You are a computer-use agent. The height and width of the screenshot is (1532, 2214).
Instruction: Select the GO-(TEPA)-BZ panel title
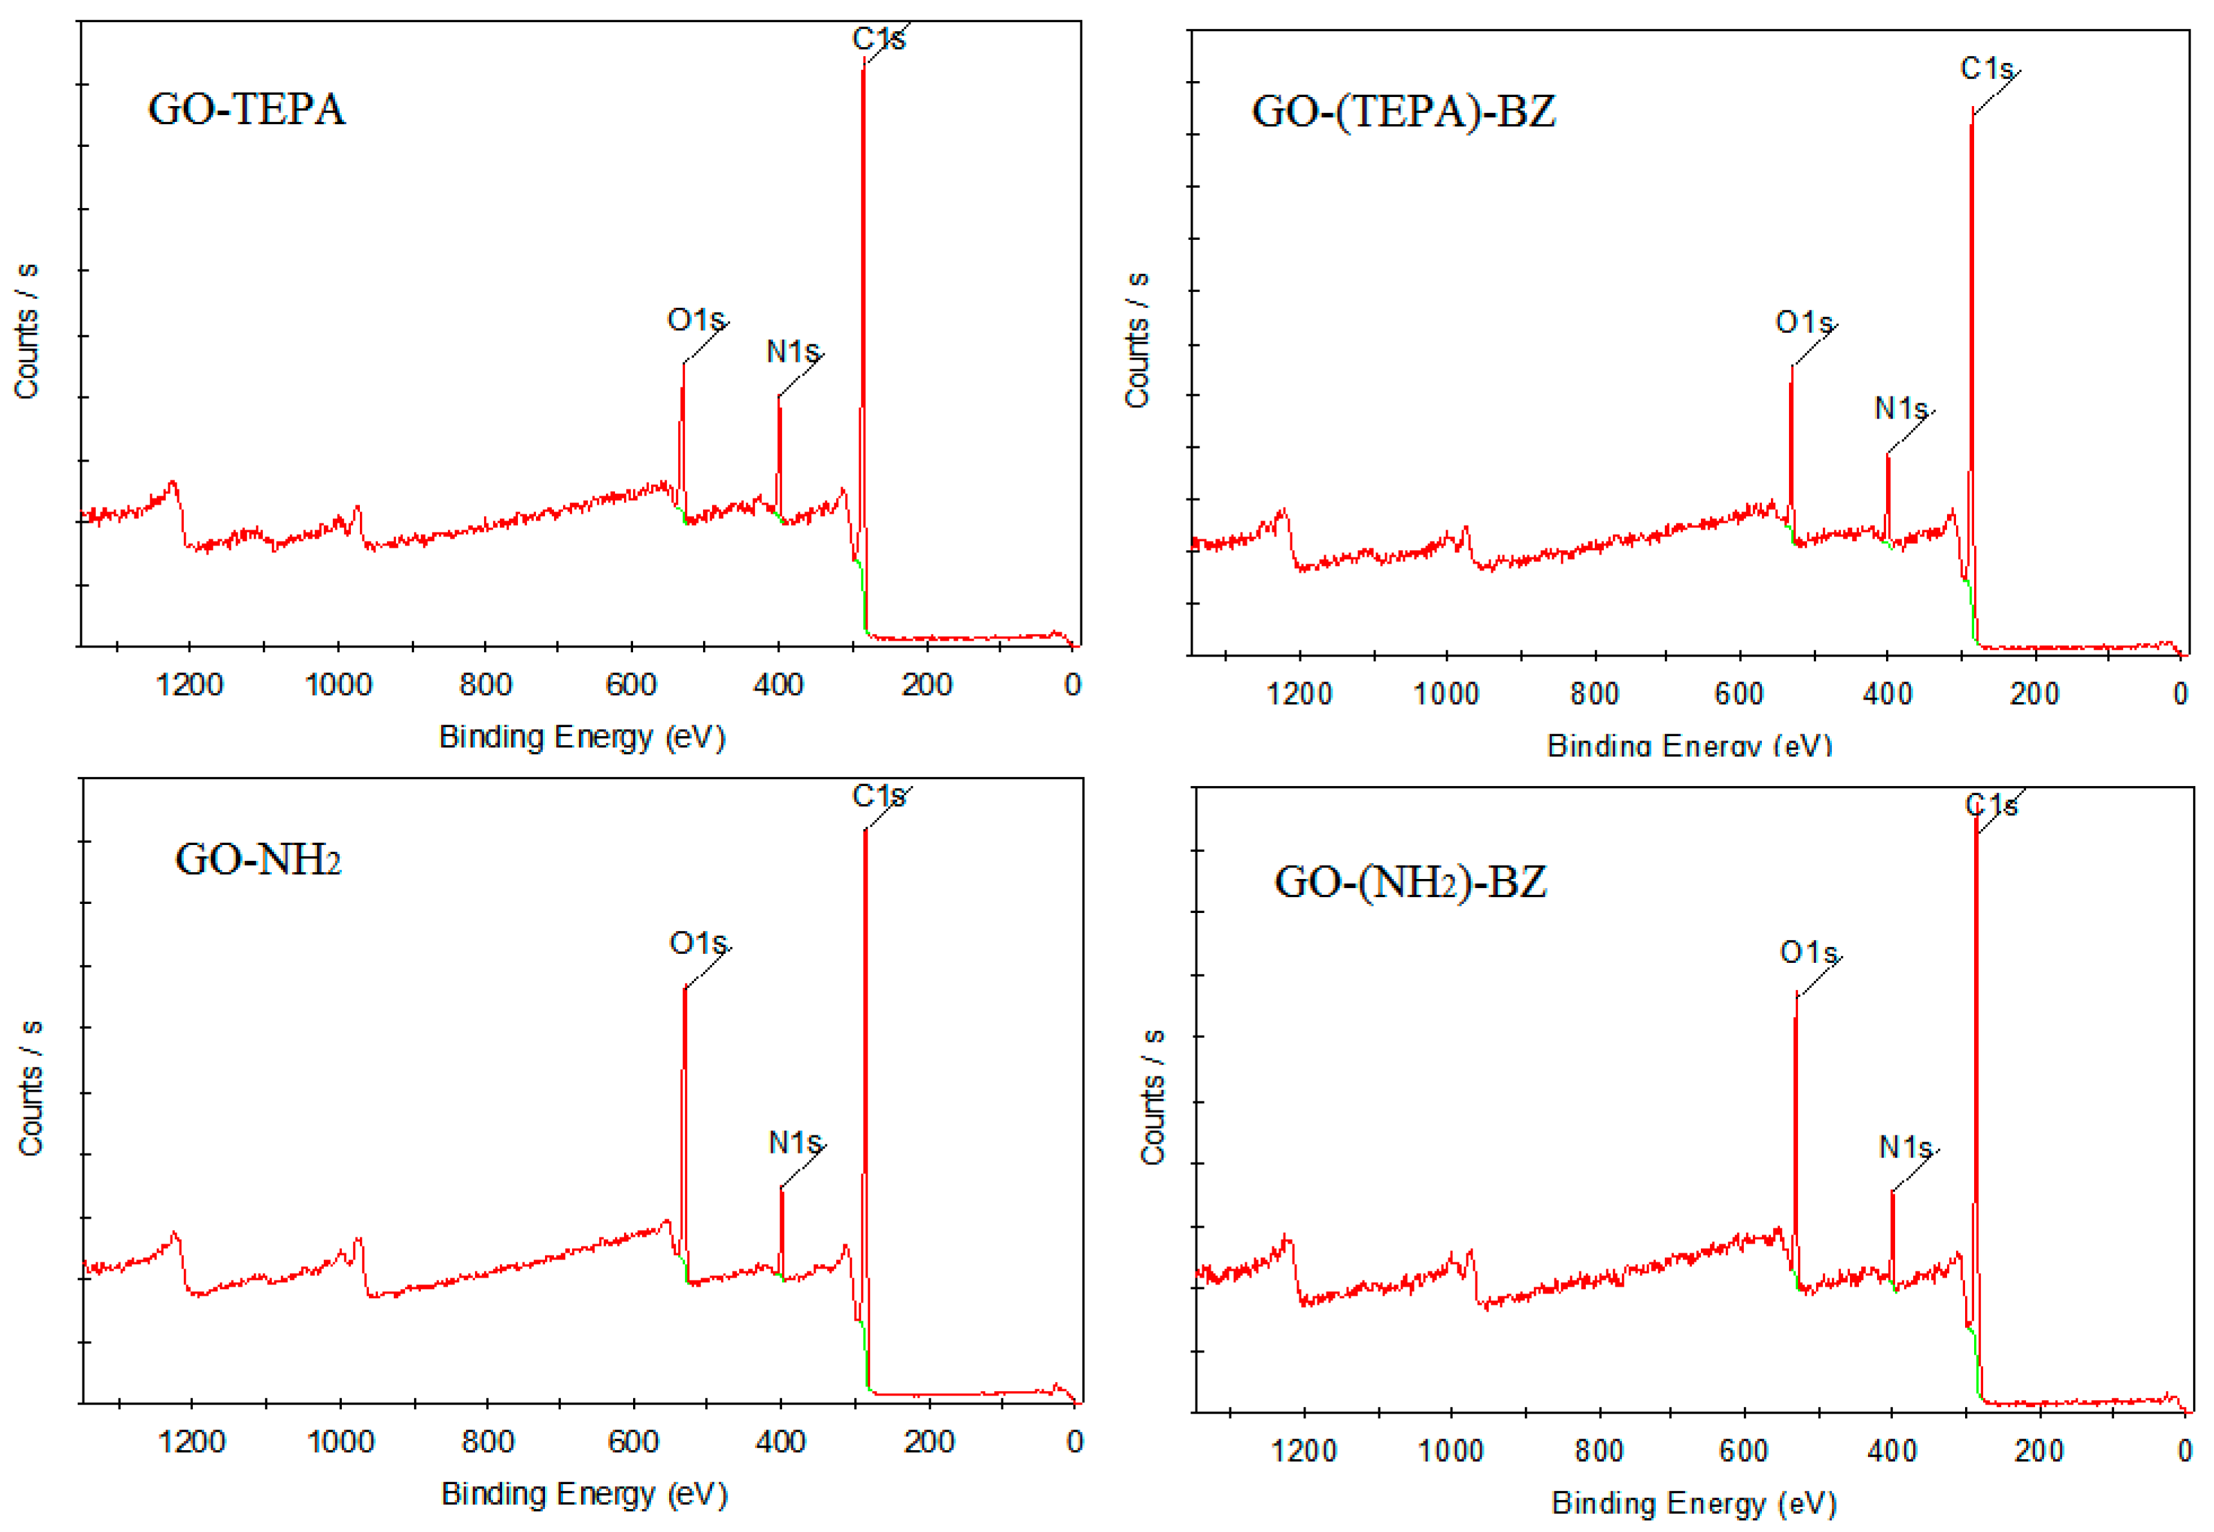pyautogui.click(x=1403, y=112)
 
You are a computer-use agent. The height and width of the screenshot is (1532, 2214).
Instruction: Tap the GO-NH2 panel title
pyautogui.click(x=257, y=859)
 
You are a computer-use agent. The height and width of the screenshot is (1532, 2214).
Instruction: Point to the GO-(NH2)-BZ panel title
pyautogui.click(x=1410, y=881)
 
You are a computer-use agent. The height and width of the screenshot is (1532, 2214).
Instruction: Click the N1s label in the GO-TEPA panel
pyautogui.click(x=792, y=352)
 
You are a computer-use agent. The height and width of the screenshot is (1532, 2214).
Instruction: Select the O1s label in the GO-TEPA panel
pyautogui.click(x=695, y=320)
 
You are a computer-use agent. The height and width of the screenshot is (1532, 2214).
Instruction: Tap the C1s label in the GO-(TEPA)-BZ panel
pyautogui.click(x=1985, y=69)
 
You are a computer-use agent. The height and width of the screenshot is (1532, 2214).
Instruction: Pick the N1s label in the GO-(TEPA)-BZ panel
pyautogui.click(x=1900, y=409)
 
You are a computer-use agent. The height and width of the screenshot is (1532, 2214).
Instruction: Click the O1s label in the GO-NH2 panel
pyautogui.click(x=697, y=943)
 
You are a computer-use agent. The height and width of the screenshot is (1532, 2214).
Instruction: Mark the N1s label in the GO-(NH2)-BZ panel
pyautogui.click(x=1905, y=1147)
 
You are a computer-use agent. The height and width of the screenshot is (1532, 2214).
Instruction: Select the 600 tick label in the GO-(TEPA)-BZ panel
pyautogui.click(x=1739, y=693)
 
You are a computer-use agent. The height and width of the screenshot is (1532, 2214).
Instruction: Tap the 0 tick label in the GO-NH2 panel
pyautogui.click(x=1074, y=1442)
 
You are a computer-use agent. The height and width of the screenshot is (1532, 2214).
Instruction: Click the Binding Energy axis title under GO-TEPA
pyautogui.click(x=582, y=737)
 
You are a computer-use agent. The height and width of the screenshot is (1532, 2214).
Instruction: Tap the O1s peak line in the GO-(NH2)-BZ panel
pyautogui.click(x=1795, y=1133)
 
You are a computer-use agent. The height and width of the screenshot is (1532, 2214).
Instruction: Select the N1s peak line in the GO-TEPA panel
pyautogui.click(x=779, y=456)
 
